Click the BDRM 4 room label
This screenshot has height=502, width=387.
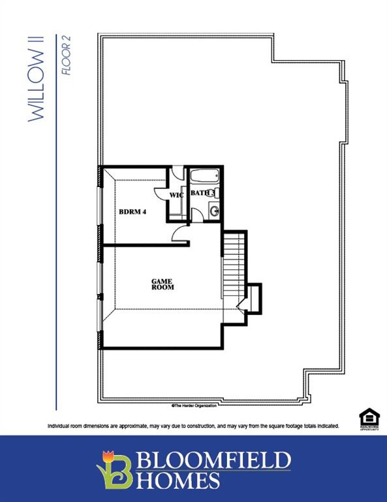(x=132, y=212)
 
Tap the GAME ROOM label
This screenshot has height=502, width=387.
(x=163, y=284)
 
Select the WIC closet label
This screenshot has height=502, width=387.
(x=176, y=195)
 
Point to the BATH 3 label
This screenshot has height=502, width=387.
(x=202, y=193)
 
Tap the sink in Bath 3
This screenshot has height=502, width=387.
(x=214, y=210)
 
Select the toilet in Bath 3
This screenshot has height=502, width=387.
(x=218, y=193)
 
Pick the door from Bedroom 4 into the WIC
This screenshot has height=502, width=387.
(x=161, y=190)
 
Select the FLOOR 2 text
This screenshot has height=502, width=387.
(x=66, y=56)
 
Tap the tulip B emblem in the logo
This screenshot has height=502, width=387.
(x=114, y=468)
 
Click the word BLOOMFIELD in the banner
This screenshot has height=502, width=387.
(x=211, y=460)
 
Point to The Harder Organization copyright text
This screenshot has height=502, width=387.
(x=193, y=405)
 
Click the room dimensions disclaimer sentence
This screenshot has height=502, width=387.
(x=193, y=426)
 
